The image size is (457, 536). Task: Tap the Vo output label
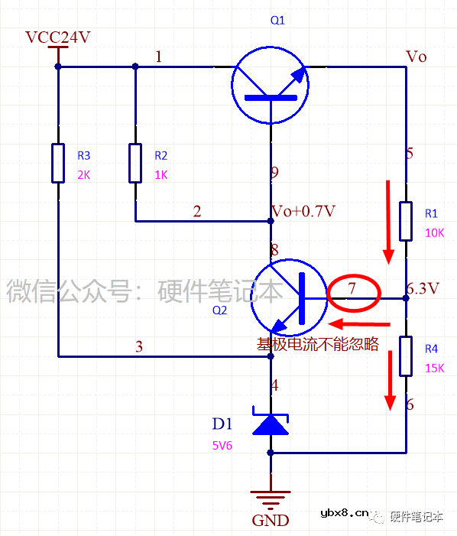pos(416,57)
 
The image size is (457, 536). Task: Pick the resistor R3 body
pos(58,162)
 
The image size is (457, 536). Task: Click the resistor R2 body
pos(135,162)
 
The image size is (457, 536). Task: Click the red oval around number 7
pos(354,292)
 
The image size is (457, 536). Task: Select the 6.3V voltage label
pos(423,289)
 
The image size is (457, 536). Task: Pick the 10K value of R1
pos(433,232)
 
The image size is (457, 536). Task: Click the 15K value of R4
pos(433,368)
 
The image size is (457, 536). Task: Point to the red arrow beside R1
pos(389,220)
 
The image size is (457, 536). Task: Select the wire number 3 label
pos(138,346)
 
